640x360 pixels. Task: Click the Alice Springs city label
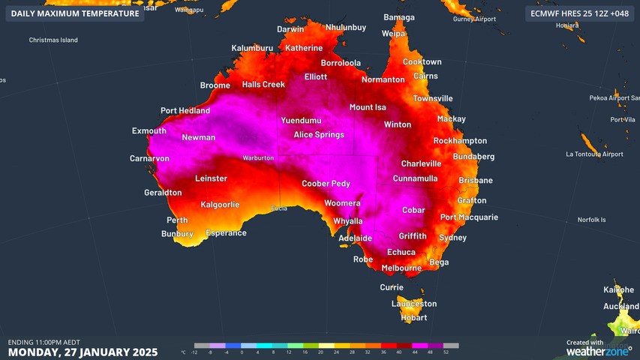pyautogui.click(x=318, y=135)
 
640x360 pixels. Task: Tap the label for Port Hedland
pyautogui.click(x=185, y=111)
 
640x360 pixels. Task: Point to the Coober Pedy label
pyautogui.click(x=326, y=184)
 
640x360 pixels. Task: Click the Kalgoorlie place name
pyautogui.click(x=220, y=205)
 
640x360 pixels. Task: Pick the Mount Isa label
pyautogui.click(x=367, y=107)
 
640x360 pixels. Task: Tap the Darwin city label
pyautogui.click(x=290, y=30)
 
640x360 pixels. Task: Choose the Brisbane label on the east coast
pyautogui.click(x=475, y=181)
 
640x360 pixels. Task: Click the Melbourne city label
pyautogui.click(x=401, y=268)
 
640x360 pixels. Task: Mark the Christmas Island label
pyautogui.click(x=53, y=40)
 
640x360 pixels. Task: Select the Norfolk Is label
pyautogui.click(x=591, y=220)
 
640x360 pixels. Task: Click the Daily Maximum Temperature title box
pyautogui.click(x=75, y=13)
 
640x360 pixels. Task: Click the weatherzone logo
pyautogui.click(x=599, y=350)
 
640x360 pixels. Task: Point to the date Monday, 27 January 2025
pyautogui.click(x=83, y=352)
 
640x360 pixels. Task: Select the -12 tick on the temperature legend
pyautogui.click(x=194, y=352)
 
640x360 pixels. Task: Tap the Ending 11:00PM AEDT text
pyautogui.click(x=44, y=342)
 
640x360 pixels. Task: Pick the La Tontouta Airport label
pyautogui.click(x=594, y=154)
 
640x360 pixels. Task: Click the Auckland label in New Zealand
pyautogui.click(x=621, y=307)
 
